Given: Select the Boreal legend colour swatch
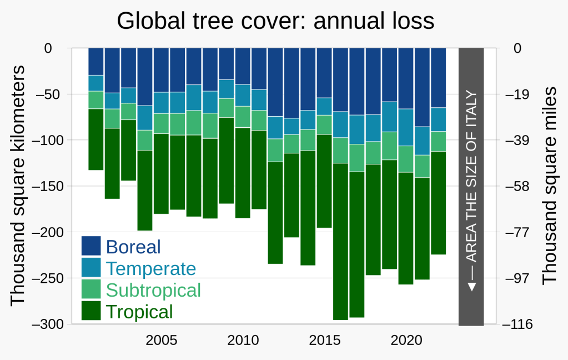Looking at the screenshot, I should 91,246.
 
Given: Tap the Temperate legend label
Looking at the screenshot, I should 151,268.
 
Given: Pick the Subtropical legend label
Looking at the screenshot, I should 153,290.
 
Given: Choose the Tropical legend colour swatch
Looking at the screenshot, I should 91,311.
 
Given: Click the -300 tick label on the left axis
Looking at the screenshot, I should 51,324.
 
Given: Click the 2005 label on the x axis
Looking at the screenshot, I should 162,340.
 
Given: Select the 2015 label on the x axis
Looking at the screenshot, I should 325,340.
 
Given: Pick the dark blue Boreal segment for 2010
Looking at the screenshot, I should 243,66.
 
